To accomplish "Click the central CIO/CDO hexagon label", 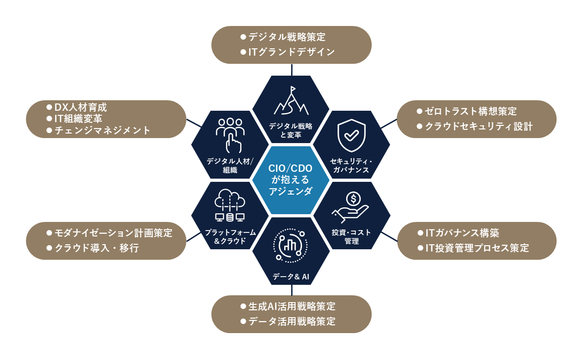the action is coord(291,180).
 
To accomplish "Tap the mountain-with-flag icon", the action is coord(291,101).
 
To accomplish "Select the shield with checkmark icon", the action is coord(351,135).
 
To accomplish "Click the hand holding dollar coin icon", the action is coord(351,207).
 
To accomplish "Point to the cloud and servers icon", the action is coord(230,205).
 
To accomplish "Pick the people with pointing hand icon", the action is coord(230,135).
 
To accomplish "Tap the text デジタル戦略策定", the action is coord(287,37).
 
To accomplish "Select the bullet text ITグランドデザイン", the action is coord(291,52).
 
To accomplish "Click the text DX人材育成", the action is coord(81,108).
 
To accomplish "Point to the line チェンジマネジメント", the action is coord(102,130).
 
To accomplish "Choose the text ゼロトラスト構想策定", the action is coord(470,111).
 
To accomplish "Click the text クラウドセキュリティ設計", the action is coord(479,126).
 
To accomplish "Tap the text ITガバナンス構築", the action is coord(462,233).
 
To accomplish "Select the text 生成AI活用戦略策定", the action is coord(292,306).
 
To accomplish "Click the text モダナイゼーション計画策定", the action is coord(113,233).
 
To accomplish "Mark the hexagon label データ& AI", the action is coord(291,277).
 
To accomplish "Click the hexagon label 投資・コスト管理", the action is coord(351,237).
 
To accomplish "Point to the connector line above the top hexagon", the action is coord(292,70).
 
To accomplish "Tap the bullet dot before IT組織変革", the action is coord(49,119).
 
